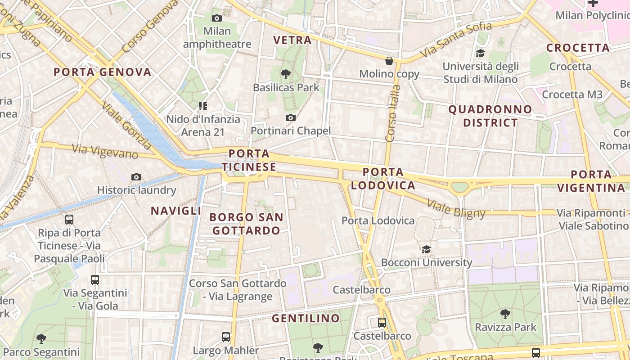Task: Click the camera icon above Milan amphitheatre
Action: (x=217, y=18)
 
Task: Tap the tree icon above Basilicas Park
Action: (x=285, y=74)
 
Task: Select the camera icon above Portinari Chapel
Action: (x=291, y=118)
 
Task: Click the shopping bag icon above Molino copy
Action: (x=389, y=61)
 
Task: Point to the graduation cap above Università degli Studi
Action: (x=480, y=54)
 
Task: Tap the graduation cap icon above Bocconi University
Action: (x=426, y=249)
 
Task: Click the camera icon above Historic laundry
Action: (x=136, y=177)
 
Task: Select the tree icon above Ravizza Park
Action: (x=505, y=314)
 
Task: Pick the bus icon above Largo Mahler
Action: (x=226, y=337)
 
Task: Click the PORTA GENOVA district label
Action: (x=103, y=72)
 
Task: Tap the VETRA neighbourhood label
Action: (x=292, y=40)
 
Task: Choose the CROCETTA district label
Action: (x=578, y=48)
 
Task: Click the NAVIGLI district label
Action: (x=176, y=211)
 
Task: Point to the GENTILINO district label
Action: (x=306, y=319)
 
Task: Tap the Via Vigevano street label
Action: (x=105, y=151)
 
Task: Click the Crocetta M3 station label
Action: (x=572, y=94)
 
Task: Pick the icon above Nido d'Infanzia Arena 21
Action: (x=203, y=106)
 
